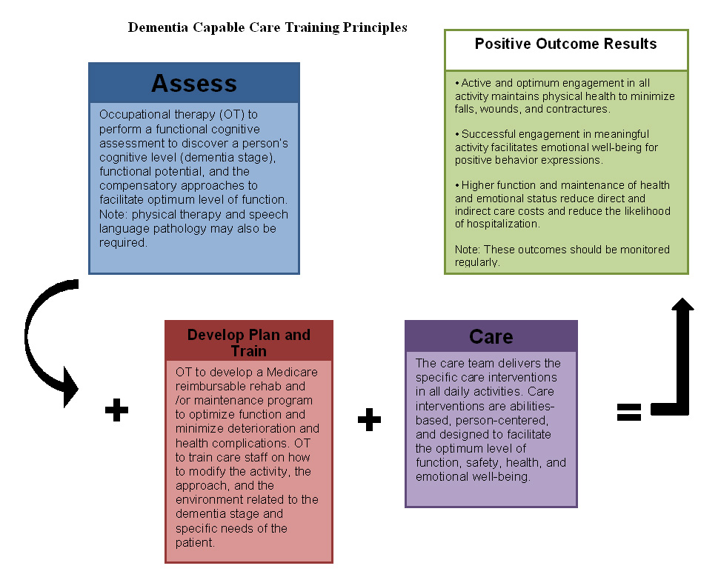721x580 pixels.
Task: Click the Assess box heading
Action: tap(194, 83)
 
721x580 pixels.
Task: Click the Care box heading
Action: tap(491, 337)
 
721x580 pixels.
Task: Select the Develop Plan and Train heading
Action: tap(248, 341)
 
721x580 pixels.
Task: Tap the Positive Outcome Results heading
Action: tap(565, 44)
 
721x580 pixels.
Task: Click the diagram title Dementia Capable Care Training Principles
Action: tap(268, 27)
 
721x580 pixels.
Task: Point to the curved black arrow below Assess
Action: tap(44, 341)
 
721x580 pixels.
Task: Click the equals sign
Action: tap(629, 412)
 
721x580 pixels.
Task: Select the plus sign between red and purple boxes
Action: tap(369, 419)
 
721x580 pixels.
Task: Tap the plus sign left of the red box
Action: tap(116, 409)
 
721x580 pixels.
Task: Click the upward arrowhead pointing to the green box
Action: tap(682, 306)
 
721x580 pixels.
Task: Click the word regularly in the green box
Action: tap(477, 262)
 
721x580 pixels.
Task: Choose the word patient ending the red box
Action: tap(195, 542)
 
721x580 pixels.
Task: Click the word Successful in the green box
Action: tap(487, 134)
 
